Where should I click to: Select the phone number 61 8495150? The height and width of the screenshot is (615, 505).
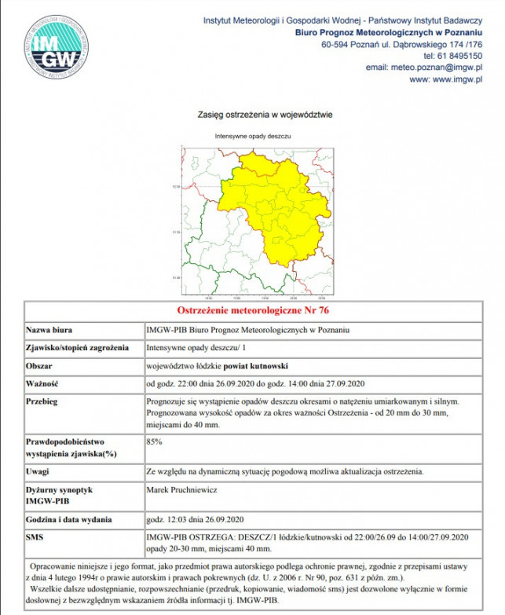460,56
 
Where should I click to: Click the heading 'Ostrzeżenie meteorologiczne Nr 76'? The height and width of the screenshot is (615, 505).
252,309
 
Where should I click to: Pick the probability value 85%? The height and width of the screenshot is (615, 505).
155,442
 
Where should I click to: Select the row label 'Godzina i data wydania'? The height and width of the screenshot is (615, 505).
69,519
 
